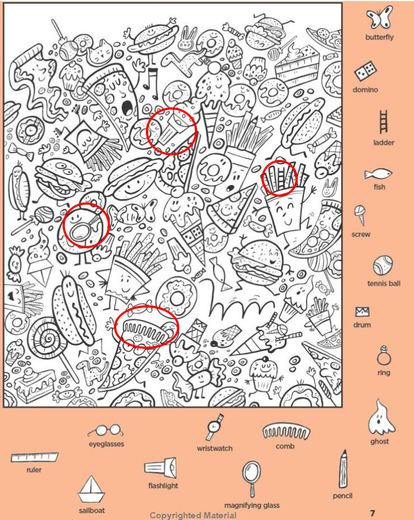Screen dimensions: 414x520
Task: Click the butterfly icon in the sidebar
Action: (x=379, y=18)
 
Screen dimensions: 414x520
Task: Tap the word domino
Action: (x=365, y=89)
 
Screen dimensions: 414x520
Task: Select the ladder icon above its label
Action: (x=383, y=122)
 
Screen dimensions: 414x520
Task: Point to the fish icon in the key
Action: (x=378, y=174)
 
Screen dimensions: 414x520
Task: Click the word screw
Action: (x=361, y=234)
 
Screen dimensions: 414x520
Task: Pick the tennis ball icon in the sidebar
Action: (x=383, y=266)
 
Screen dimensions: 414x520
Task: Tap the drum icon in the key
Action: (x=362, y=312)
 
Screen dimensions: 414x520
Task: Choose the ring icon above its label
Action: (x=383, y=356)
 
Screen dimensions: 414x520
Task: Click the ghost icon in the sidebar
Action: (x=380, y=417)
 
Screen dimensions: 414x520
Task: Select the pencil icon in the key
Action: (x=344, y=469)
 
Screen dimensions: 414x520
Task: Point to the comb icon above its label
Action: (x=287, y=432)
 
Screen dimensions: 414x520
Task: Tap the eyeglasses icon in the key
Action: (x=106, y=431)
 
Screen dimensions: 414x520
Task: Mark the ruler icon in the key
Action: (x=34, y=457)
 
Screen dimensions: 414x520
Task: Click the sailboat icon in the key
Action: (x=92, y=490)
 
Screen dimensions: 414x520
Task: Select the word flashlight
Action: (x=163, y=485)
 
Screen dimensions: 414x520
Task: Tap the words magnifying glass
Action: (x=252, y=505)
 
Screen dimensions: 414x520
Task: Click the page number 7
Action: (x=373, y=513)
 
